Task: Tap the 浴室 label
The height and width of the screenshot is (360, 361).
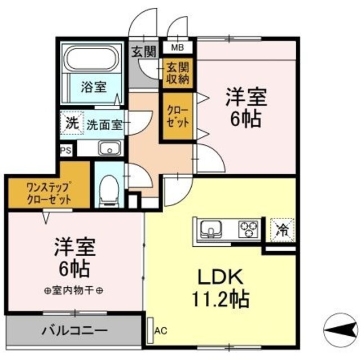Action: (x=93, y=87)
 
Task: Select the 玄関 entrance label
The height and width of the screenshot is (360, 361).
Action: (x=143, y=52)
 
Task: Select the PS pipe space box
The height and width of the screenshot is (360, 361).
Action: (x=66, y=150)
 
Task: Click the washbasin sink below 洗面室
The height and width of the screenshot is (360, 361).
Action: (x=109, y=149)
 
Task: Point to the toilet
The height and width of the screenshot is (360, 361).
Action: (x=108, y=189)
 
